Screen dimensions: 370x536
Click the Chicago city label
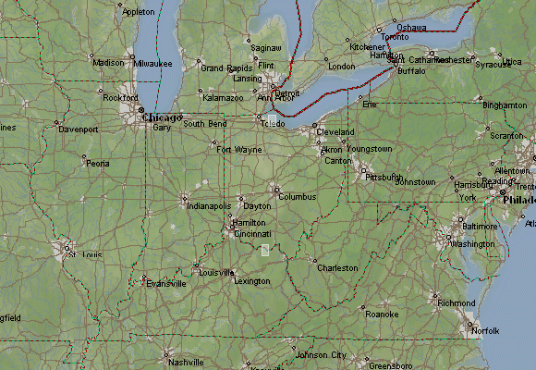point(160,117)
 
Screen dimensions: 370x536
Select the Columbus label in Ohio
point(298,197)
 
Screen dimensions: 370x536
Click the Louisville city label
point(216,272)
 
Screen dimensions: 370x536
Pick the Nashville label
point(186,362)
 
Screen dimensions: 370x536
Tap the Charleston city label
point(336,267)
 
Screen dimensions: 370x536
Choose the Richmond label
point(457,302)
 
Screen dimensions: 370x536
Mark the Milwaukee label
point(152,63)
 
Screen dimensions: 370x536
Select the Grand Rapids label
point(226,68)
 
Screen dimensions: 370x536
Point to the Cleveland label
point(335,132)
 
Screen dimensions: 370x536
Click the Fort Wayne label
point(238,149)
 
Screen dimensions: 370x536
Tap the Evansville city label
point(165,284)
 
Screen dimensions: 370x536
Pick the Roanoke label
point(382,314)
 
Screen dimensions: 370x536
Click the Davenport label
point(78,129)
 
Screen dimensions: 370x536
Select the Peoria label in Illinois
point(97,163)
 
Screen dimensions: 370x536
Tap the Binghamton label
point(504,105)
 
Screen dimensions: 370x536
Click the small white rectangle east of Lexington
point(265,250)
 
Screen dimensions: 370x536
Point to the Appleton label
point(139,12)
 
